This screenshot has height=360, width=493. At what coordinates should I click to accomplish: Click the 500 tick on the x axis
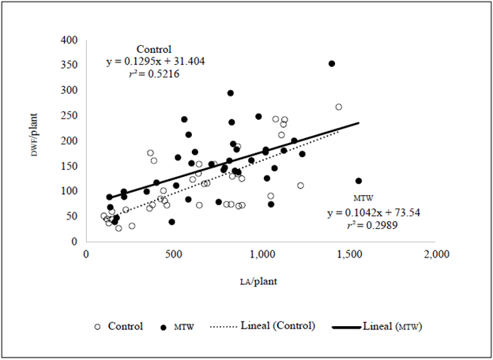[174, 254]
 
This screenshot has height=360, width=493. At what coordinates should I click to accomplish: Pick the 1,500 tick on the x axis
[349, 254]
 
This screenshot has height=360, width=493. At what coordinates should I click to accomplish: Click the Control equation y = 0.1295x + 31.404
[156, 61]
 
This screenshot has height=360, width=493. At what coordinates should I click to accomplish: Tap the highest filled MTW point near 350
[332, 63]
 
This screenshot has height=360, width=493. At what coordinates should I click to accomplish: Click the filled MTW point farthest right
[359, 181]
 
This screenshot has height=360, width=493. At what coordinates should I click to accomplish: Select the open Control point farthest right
[338, 107]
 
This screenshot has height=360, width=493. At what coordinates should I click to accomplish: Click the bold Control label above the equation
[153, 49]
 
